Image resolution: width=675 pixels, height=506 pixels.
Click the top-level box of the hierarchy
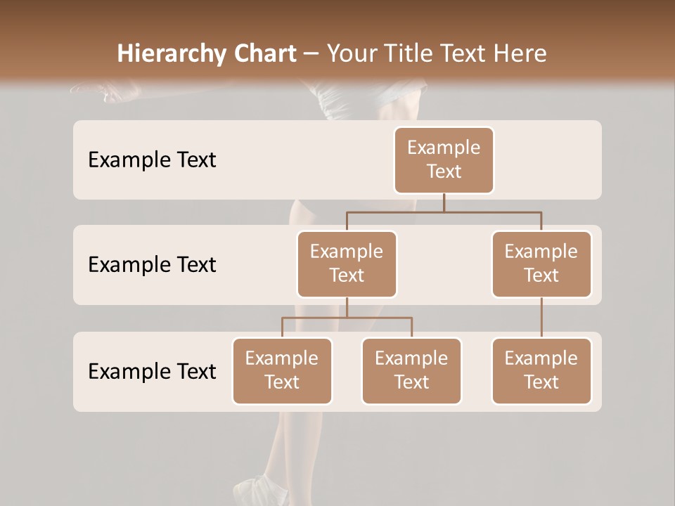point(444,160)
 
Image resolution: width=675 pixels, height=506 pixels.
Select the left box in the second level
point(347,264)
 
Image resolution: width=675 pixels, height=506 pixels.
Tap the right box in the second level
point(541,264)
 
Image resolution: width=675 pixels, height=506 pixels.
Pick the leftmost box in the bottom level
point(282,370)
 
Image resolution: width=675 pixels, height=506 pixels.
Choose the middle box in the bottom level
point(411,370)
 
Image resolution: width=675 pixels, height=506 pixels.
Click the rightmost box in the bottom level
point(541,370)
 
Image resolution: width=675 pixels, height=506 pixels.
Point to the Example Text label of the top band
point(152,160)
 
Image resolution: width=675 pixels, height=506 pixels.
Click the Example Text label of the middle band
point(152,264)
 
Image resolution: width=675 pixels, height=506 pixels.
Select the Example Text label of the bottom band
point(152,371)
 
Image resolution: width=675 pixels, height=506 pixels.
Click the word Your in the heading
point(351,53)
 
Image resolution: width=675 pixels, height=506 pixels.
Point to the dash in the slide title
point(311,53)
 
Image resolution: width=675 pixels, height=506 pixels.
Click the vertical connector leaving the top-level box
point(444,202)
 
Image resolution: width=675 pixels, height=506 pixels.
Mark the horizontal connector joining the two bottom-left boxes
point(347,318)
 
